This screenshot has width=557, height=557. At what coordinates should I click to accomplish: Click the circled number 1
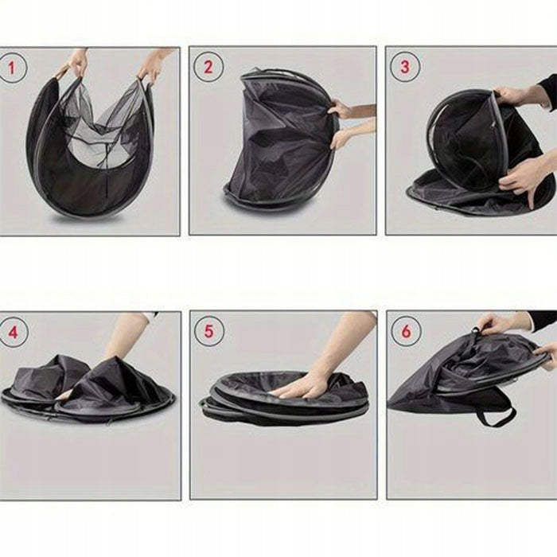click(x=13, y=68)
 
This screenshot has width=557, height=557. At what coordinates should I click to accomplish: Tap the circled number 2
click(x=208, y=67)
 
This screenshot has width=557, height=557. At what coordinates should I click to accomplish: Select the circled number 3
click(x=405, y=67)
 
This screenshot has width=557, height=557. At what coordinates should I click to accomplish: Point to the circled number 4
click(x=14, y=332)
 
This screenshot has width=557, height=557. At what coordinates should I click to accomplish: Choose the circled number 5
click(x=208, y=332)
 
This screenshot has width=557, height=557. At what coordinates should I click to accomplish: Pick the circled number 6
click(x=406, y=332)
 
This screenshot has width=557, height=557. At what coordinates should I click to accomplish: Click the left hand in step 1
click(x=77, y=63)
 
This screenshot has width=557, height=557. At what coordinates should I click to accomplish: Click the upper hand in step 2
click(x=343, y=109)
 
